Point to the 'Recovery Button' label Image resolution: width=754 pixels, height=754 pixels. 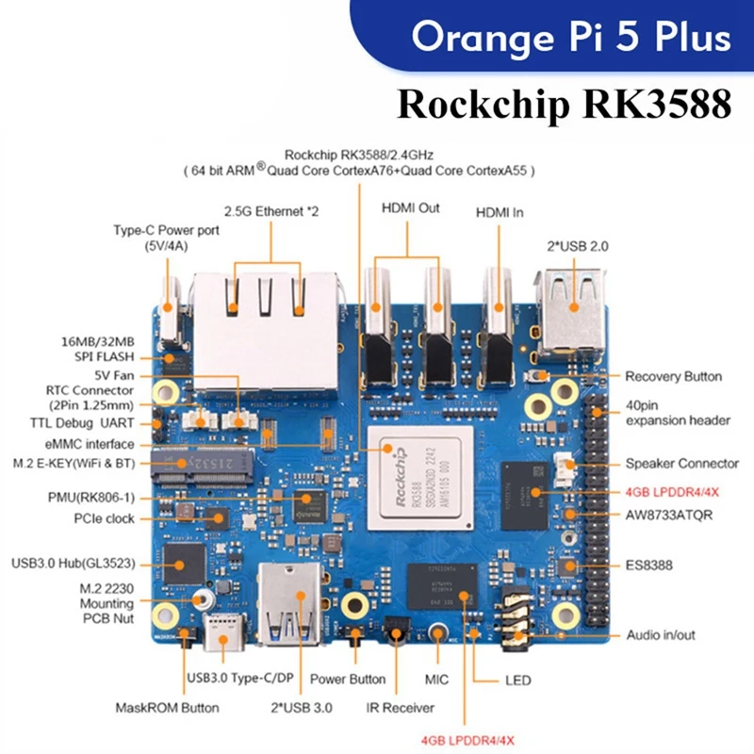pyautogui.click(x=673, y=376)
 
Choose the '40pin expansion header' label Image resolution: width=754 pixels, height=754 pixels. pyautogui.click(x=676, y=413)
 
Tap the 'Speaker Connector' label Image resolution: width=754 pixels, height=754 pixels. pyautogui.click(x=680, y=464)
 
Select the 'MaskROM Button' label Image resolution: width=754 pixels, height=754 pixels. pyautogui.click(x=167, y=707)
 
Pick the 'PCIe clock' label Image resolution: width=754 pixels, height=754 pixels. pyautogui.click(x=105, y=518)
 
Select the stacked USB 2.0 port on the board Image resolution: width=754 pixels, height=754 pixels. pyautogui.click(x=571, y=303)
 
